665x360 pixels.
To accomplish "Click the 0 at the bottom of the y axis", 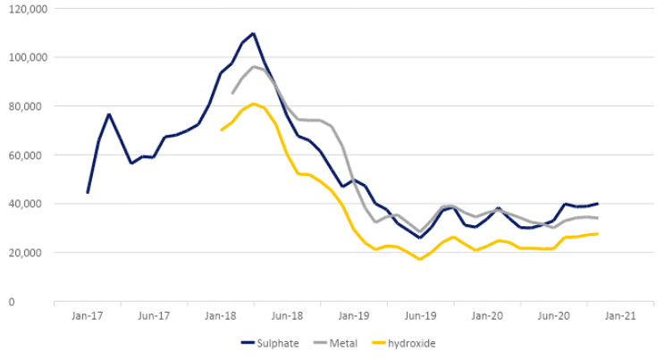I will [37, 301].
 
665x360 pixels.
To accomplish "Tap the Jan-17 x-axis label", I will [88, 315].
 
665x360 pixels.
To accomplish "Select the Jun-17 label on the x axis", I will [154, 315].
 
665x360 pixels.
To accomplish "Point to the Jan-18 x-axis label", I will [221, 315].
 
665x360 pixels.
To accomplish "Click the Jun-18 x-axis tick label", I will [287, 315].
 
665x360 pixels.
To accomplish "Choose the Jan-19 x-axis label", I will [354, 315].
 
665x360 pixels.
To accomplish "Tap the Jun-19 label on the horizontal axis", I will [420, 315].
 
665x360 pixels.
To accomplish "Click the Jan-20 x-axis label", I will [487, 315].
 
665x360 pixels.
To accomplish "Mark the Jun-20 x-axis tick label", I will [553, 315].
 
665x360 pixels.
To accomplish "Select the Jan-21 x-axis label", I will [620, 315].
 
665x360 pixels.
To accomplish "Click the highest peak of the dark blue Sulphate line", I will [253, 34].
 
